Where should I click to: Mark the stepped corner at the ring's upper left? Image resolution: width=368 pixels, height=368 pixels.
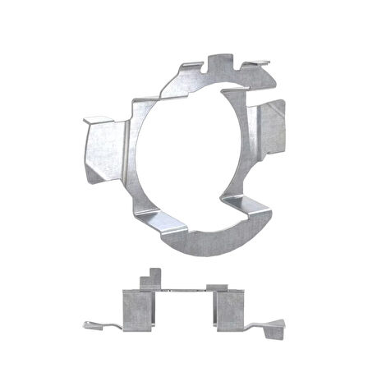click(x=140, y=103)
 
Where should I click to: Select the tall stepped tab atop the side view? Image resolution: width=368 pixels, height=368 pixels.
click(x=152, y=278)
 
